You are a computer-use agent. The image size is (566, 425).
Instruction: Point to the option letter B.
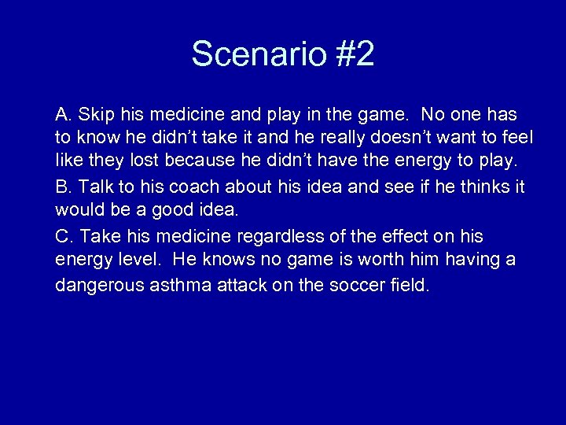click(x=61, y=187)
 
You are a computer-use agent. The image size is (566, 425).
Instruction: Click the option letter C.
click(x=62, y=236)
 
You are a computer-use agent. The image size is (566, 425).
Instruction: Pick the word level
click(x=137, y=261)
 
